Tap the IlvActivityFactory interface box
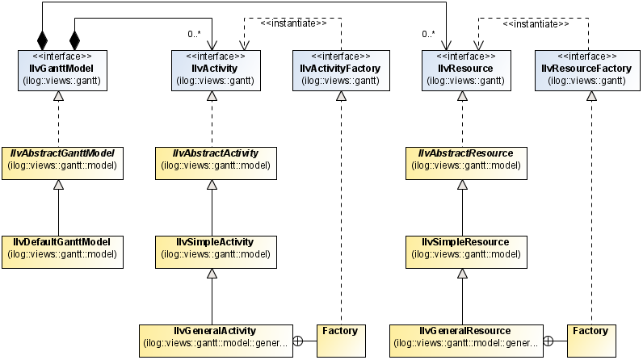point(339,68)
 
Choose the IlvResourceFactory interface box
point(587,68)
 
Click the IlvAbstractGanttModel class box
point(62,160)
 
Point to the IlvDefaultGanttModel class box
point(62,249)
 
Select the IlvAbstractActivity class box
point(214,160)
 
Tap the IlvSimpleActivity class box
point(214,249)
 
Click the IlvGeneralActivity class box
point(214,337)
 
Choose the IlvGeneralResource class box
point(465,337)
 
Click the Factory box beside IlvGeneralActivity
point(339,337)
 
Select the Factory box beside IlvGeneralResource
point(590,337)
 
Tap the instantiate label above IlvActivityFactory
point(293,23)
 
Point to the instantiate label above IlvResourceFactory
point(536,23)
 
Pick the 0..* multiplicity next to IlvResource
point(428,34)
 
